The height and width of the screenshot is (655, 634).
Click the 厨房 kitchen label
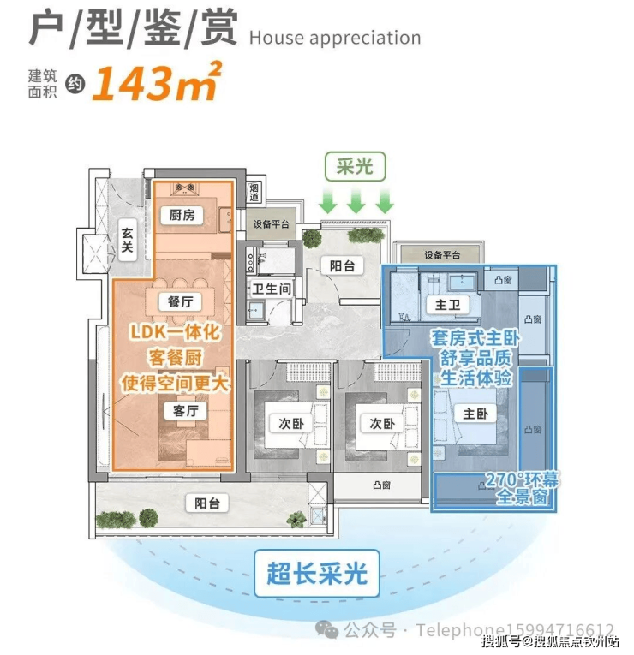(181, 216)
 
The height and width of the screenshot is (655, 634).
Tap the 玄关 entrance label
(128, 239)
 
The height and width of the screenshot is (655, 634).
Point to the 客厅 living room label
(186, 412)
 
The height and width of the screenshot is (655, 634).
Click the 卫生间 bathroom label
(272, 289)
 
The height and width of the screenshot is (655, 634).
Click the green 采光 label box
(354, 166)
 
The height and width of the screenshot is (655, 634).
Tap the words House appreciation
(334, 39)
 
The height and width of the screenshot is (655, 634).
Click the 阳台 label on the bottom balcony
(207, 504)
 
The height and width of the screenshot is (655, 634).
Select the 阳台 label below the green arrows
(343, 265)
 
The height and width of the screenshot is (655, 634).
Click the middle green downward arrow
(356, 202)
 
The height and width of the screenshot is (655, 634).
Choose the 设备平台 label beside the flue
(272, 224)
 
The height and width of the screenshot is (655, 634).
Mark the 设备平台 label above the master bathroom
(442, 254)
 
